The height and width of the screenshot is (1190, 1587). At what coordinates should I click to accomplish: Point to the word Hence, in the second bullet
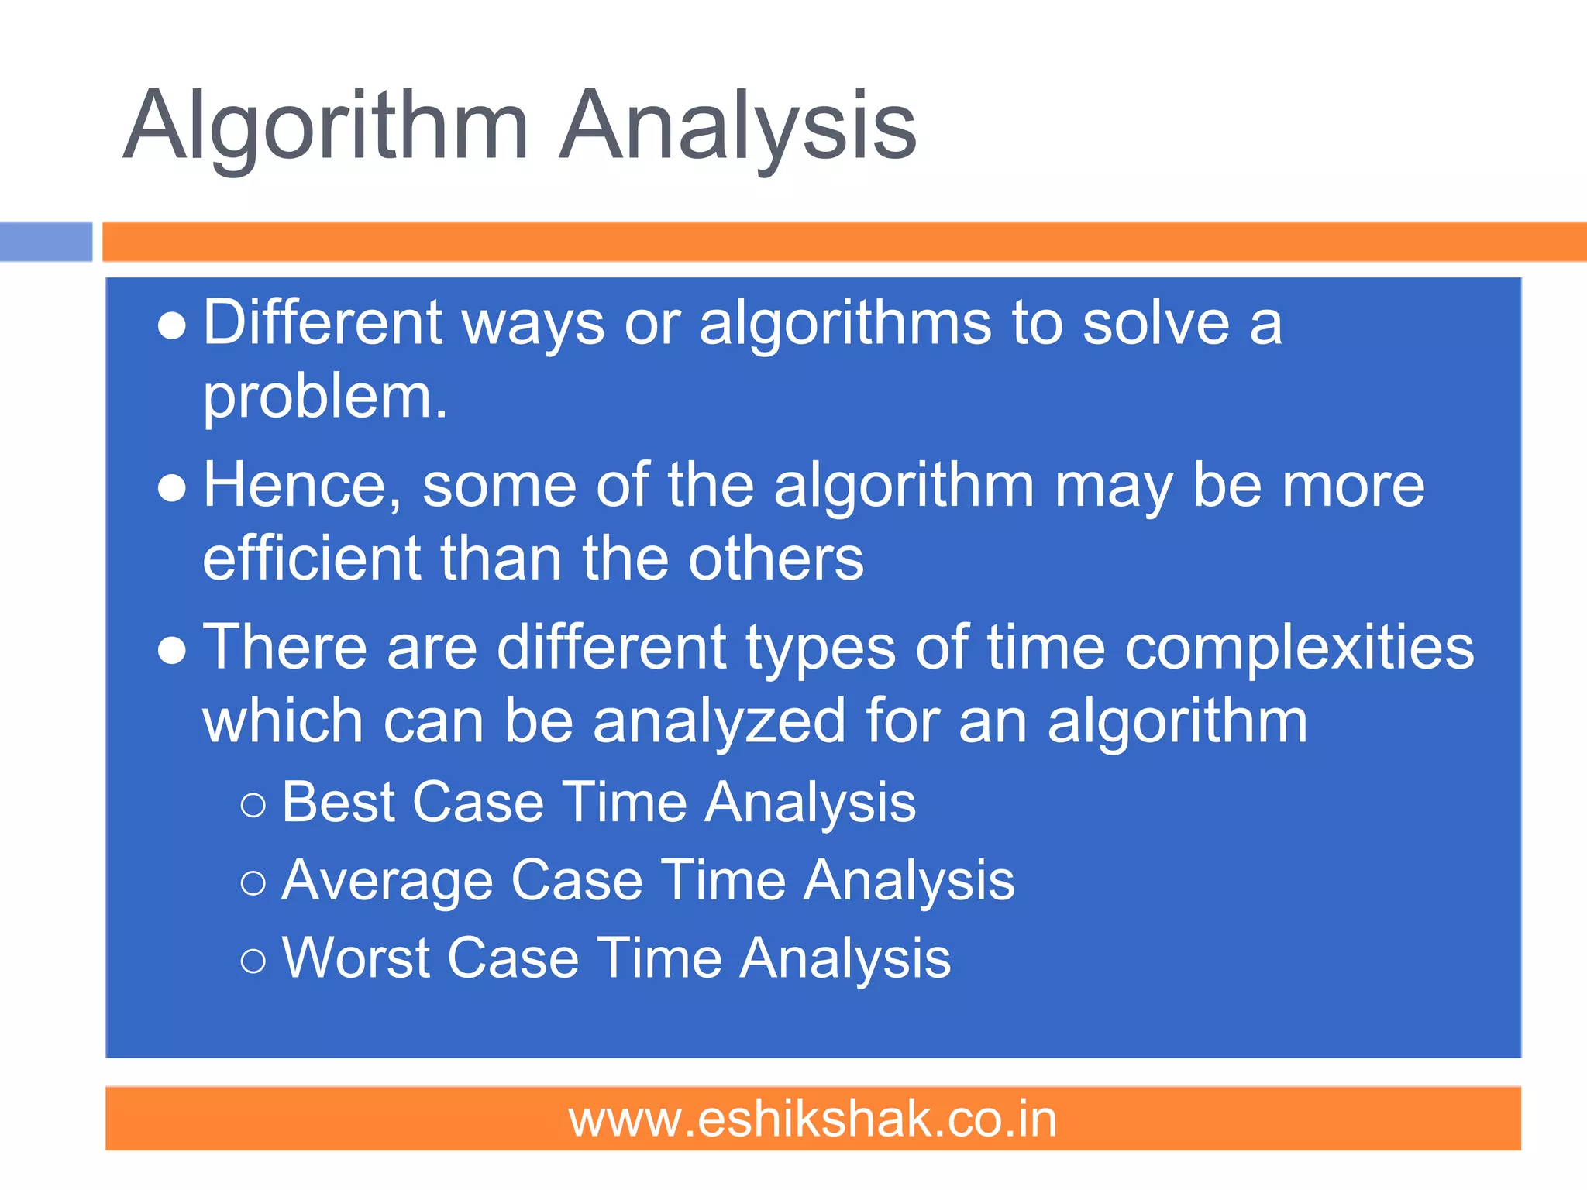click(302, 487)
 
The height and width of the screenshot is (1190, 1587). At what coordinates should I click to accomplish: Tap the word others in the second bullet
click(776, 559)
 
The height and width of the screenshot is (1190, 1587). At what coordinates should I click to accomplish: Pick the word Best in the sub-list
click(339, 802)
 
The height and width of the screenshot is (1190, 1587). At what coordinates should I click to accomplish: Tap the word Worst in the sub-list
click(355, 959)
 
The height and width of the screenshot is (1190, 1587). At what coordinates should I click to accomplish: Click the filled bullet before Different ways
click(171, 327)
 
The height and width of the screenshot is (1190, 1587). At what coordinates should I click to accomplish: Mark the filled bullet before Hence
click(171, 489)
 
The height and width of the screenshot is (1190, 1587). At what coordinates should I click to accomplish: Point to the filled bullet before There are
click(171, 652)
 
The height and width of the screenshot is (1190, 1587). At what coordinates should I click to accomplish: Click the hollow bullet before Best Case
click(253, 806)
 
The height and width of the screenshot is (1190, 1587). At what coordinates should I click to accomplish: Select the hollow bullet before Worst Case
click(253, 962)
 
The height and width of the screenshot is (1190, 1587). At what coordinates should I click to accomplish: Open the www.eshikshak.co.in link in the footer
click(813, 1119)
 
